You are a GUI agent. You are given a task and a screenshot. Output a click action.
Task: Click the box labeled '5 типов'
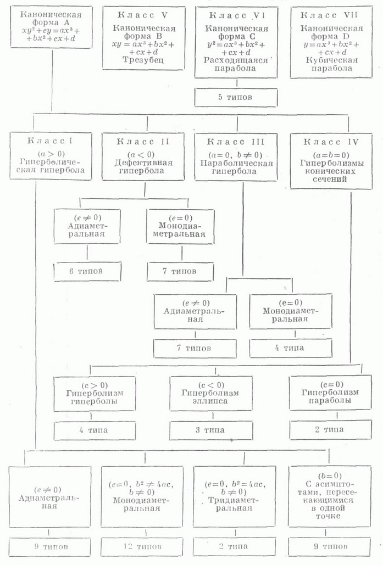(x=236, y=97)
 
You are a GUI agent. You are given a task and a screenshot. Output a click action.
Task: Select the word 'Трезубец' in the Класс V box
(x=143, y=60)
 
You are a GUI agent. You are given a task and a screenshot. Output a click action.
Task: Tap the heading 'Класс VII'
(x=329, y=15)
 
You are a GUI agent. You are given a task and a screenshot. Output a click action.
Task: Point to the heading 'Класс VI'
(x=237, y=15)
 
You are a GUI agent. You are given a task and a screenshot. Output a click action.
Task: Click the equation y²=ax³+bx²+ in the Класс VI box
(x=236, y=44)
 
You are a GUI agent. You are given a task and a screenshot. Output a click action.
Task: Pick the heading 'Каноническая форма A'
(x=51, y=18)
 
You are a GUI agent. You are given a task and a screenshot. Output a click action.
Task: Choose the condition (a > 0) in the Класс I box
(x=51, y=154)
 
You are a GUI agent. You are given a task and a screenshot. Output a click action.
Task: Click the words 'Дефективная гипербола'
(x=143, y=166)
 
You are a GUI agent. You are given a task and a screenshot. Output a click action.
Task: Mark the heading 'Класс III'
(x=236, y=142)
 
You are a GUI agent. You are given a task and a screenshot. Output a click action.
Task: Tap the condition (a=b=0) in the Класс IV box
(x=330, y=155)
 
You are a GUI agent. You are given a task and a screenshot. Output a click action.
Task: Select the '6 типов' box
(x=87, y=271)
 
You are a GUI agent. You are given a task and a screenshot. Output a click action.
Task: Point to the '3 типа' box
(x=211, y=430)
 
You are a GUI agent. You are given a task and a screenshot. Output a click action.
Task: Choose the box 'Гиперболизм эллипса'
(x=211, y=394)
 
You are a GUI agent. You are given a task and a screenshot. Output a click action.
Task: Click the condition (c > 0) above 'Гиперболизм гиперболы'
(x=95, y=385)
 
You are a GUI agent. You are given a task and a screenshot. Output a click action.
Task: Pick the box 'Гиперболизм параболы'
(x=330, y=393)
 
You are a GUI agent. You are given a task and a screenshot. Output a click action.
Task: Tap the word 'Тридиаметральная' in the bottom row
(x=230, y=505)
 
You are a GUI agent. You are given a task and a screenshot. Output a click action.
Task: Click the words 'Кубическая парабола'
(x=331, y=64)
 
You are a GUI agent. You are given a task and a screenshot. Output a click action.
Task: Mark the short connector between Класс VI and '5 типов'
(x=237, y=83)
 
